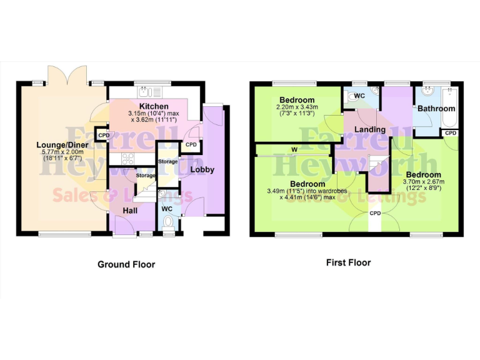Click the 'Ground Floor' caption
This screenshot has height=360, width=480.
coord(126,264)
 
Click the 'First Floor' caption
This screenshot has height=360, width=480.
coord(348,262)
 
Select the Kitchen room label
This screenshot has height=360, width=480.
coord(153,107)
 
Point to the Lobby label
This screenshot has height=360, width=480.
coord(202,169)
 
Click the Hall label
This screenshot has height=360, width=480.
coord(130,212)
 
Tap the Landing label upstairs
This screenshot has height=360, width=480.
coord(369,129)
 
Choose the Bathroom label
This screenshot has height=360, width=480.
coord(437,108)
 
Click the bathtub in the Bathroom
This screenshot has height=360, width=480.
coord(449,106)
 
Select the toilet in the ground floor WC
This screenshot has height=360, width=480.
coord(167,221)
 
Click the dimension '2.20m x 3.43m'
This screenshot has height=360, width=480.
coord(297,107)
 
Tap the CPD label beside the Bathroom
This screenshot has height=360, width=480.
coord(450,133)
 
